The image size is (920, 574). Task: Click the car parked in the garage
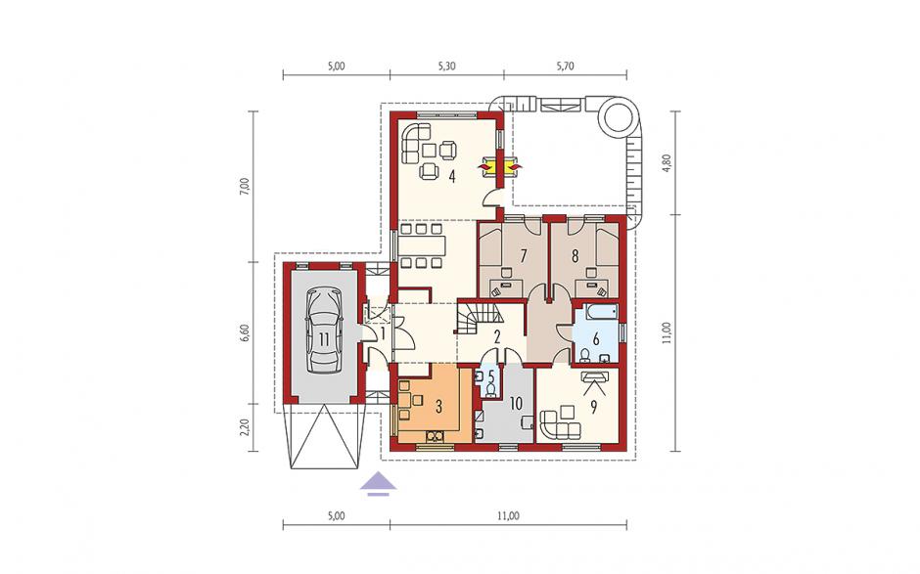pyautogui.click(x=323, y=331)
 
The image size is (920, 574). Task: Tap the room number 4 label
pyautogui.click(x=452, y=175)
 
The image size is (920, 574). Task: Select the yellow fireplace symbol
pyautogui.click(x=500, y=166)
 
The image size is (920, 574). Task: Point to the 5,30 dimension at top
pyautogui.click(x=447, y=66)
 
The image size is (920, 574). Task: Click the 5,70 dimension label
pyautogui.click(x=565, y=66)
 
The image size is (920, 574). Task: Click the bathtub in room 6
pyautogui.click(x=596, y=312)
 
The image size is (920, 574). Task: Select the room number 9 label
pyautogui.click(x=594, y=408)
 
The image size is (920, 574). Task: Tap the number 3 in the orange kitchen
pyautogui.click(x=438, y=407)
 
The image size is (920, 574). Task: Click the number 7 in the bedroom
pyautogui.click(x=524, y=255)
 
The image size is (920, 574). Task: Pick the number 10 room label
pyautogui.click(x=517, y=404)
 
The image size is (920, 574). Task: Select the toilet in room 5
pyautogui.click(x=491, y=388)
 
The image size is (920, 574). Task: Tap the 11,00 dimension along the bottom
pyautogui.click(x=508, y=516)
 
